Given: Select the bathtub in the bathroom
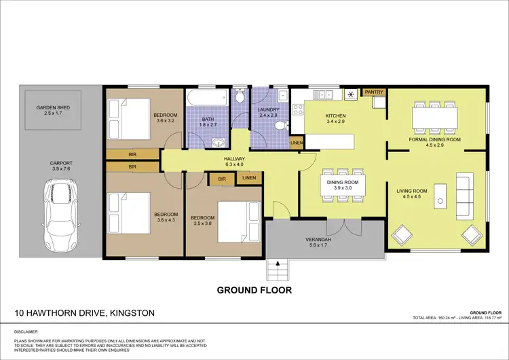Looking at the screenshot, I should point(208,98).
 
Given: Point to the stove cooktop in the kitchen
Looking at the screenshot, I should point(352,95).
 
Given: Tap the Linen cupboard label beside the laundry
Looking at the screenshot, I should point(296,143).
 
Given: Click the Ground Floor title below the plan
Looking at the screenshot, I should point(254,290).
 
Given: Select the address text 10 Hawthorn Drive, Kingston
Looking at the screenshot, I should point(84,313).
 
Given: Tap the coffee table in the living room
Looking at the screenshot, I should point(440,195).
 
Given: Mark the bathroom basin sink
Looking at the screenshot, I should point(218,142).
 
